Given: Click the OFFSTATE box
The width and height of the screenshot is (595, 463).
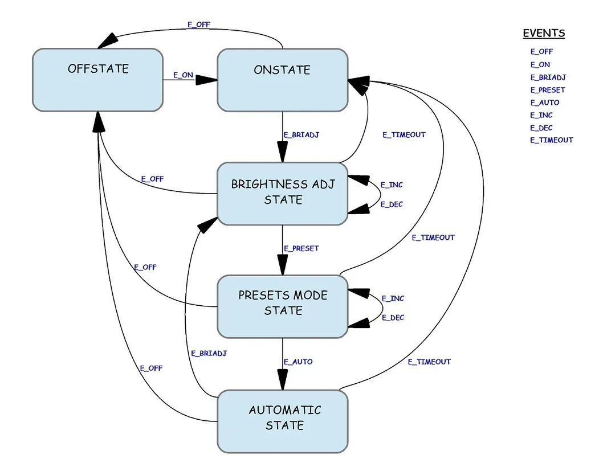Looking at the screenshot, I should [97, 80].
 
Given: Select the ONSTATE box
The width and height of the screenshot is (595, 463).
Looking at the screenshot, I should [282, 80].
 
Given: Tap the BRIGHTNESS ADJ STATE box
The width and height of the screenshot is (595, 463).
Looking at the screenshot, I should [282, 193].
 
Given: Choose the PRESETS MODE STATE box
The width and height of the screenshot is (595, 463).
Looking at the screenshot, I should [282, 306].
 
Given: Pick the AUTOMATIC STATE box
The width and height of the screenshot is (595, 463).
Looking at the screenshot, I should [282, 421].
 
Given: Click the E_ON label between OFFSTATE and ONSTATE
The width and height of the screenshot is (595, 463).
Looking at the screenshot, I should [183, 75].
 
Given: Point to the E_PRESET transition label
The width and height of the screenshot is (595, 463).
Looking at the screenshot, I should [301, 248].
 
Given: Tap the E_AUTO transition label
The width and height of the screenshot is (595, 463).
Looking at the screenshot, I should [298, 362].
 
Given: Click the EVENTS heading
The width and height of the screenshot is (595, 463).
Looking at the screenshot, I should [544, 33].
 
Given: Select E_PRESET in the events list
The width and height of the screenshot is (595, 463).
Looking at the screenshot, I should [548, 90].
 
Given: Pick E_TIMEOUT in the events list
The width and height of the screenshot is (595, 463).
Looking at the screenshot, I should [552, 140].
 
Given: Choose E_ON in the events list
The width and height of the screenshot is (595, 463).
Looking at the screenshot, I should [540, 65].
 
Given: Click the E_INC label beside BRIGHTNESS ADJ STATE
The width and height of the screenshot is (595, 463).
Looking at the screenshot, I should [392, 185].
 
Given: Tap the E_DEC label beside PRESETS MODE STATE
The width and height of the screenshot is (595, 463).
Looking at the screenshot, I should [393, 318].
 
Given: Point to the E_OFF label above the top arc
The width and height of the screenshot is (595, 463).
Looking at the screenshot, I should [198, 25].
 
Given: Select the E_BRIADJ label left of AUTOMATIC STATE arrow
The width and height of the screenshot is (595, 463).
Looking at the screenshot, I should [209, 353].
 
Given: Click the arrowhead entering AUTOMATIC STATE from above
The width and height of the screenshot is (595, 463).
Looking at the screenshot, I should [283, 380].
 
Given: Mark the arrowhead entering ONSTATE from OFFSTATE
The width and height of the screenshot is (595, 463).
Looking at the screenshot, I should [207, 80].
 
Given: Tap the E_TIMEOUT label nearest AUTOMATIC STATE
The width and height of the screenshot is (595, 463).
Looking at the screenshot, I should [429, 362].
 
